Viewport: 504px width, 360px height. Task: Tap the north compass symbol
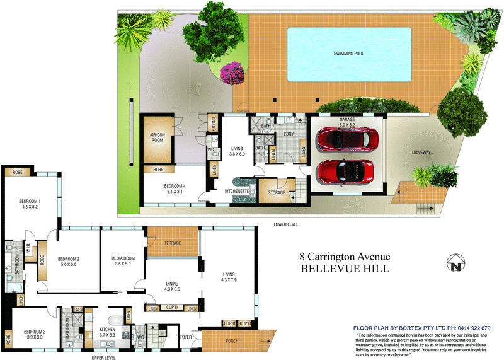coord(456,263)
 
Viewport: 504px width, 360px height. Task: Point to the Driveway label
coord(421,152)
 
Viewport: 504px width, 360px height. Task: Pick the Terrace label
coord(172,243)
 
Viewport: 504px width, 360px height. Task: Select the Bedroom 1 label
coord(30,204)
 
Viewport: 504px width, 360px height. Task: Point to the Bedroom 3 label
coord(33,334)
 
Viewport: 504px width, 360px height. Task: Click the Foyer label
coord(186,337)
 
